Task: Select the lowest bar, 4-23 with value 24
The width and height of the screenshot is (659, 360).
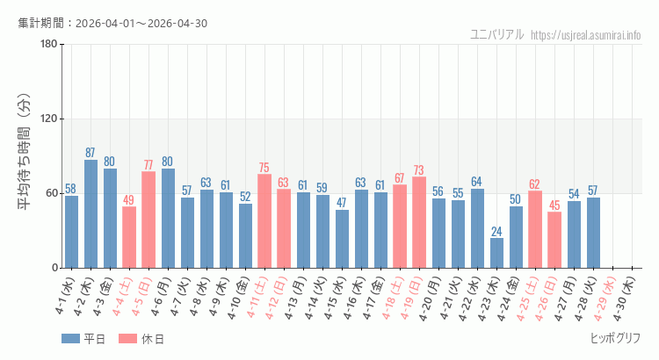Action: (496, 253)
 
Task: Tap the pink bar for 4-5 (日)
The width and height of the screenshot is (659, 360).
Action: (148, 220)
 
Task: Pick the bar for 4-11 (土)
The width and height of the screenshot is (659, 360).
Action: (264, 220)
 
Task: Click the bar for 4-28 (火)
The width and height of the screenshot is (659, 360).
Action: (593, 233)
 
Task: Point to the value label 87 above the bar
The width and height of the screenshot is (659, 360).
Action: (91, 153)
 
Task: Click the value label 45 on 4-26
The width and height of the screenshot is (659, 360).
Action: (554, 205)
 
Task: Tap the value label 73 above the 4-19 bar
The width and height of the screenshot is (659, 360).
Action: (419, 170)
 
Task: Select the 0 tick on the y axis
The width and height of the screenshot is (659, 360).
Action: (54, 268)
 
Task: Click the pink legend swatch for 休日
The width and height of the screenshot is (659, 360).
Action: (128, 339)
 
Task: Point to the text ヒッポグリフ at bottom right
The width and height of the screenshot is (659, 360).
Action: (614, 338)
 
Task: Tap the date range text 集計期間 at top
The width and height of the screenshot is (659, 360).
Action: (112, 23)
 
